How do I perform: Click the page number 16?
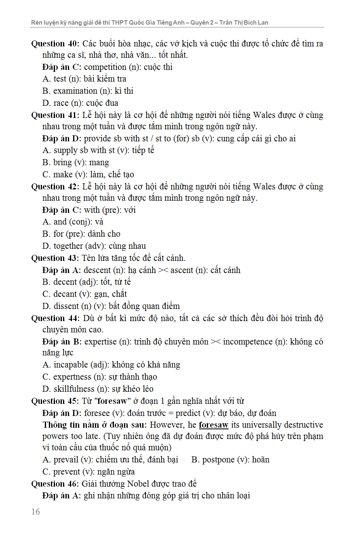36,512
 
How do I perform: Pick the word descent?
97,270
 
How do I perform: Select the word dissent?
67,306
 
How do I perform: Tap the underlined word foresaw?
214,425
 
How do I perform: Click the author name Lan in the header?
263,23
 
